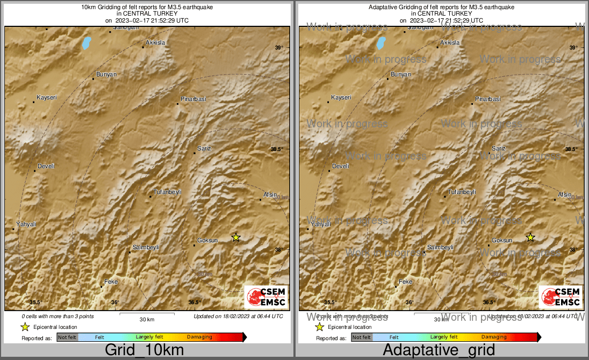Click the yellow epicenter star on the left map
pyautogui.click(x=235, y=237)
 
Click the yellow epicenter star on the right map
pyautogui.click(x=530, y=237)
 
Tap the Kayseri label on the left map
pyautogui.click(x=46, y=97)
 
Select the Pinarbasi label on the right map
pyautogui.click(x=488, y=99)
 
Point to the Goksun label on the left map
pyautogui.click(x=208, y=240)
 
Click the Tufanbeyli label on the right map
pyautogui.click(x=462, y=192)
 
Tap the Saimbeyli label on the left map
pyautogui.click(x=146, y=247)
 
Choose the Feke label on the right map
pyautogui.click(x=405, y=282)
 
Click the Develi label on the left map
pyautogui.click(x=46, y=166)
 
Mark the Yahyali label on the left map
pyautogui.click(x=26, y=224)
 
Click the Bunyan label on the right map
pyautogui.click(x=400, y=74)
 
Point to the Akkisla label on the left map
pyautogui.click(x=156, y=42)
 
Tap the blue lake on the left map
pyautogui.click(x=86, y=42)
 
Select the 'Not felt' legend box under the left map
pyautogui.click(x=67, y=337)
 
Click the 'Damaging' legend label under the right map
pyautogui.click(x=494, y=337)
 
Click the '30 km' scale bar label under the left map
pyautogui.click(x=147, y=319)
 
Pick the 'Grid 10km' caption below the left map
pyautogui.click(x=144, y=350)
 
